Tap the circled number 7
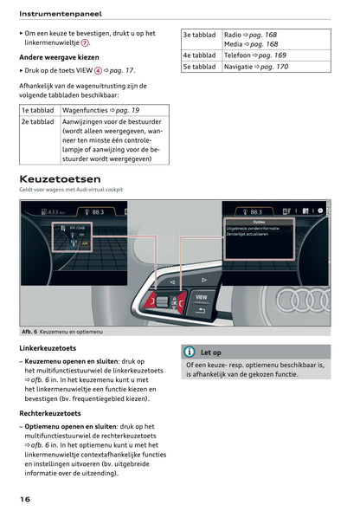point(85,42)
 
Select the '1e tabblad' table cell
point(38,111)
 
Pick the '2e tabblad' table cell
point(38,123)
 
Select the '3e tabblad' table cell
point(199,35)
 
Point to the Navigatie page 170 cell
point(256,67)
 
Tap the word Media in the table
point(233,44)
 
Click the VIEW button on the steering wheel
point(201,297)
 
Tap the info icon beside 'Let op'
point(190,353)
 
